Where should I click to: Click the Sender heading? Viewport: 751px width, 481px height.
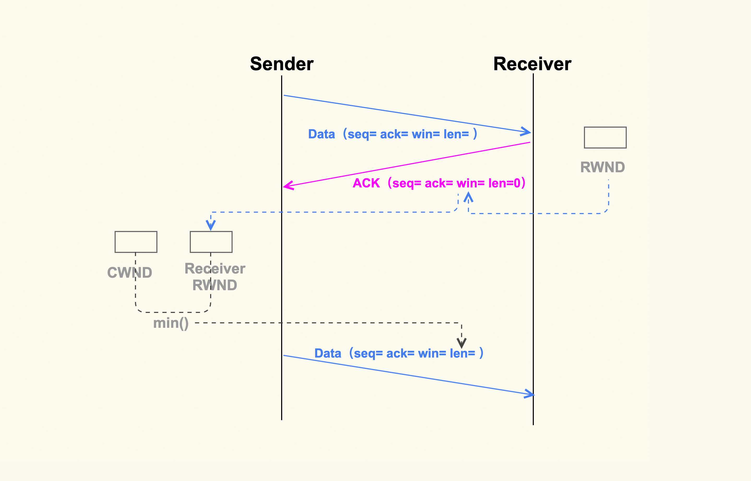tap(281, 64)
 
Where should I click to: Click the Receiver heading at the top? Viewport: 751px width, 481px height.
tap(532, 64)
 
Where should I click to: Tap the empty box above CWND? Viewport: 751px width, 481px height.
tap(136, 242)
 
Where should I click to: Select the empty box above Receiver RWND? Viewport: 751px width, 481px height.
tap(211, 242)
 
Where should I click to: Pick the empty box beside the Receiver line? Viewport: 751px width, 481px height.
tap(605, 138)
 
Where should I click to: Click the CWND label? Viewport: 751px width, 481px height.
tap(130, 273)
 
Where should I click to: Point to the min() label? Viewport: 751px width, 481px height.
tap(171, 323)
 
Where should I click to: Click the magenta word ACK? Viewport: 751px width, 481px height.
tap(366, 183)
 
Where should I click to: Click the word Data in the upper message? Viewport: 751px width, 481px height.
tap(321, 134)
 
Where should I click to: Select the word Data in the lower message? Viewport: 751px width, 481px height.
tap(328, 354)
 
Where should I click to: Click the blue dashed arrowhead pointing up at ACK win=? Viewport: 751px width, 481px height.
tap(468, 197)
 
